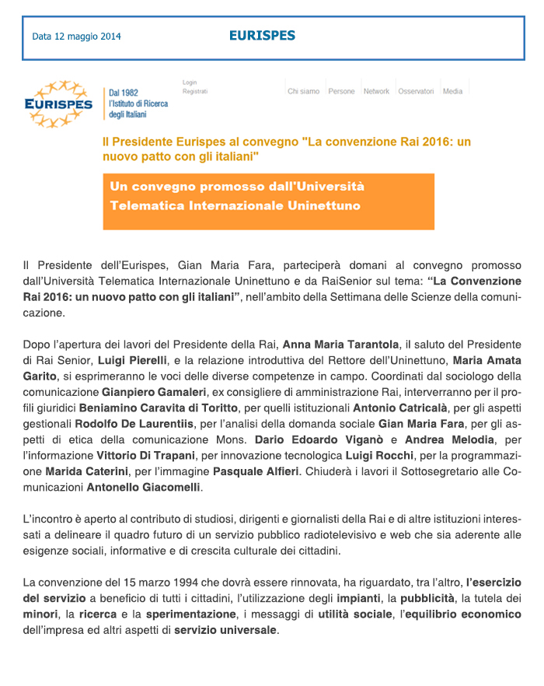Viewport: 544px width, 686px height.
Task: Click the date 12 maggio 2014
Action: click(76, 37)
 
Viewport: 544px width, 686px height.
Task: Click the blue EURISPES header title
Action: click(262, 35)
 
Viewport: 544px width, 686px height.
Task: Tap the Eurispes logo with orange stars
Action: click(58, 104)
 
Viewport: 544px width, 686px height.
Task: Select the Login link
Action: click(190, 82)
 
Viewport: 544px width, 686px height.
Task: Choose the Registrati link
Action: click(195, 91)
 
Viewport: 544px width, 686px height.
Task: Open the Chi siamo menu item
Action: click(304, 92)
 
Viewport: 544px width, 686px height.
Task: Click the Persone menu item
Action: click(341, 92)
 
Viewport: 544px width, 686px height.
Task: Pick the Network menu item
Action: click(376, 92)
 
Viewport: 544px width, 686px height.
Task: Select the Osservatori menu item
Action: click(416, 92)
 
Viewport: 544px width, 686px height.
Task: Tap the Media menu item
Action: click(452, 92)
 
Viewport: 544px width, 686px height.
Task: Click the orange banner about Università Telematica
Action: click(268, 201)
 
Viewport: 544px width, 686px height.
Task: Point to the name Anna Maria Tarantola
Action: click(340, 344)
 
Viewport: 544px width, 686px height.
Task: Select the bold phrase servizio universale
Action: click(225, 630)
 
